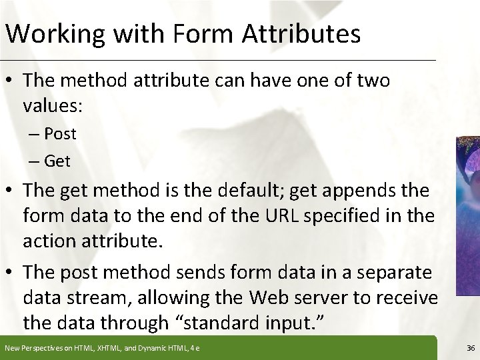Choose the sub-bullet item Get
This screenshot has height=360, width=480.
58,161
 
